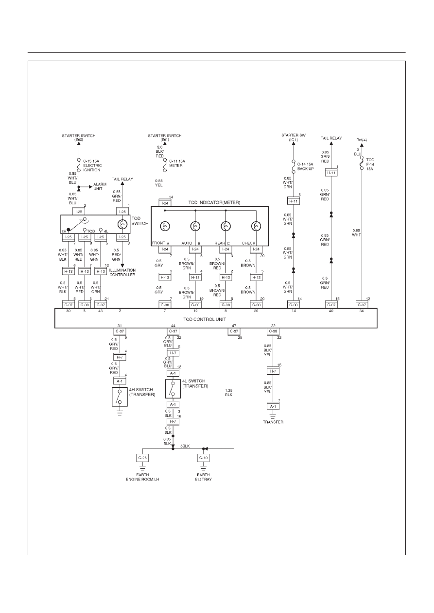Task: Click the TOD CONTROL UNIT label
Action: click(205, 319)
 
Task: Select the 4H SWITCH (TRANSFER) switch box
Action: click(120, 397)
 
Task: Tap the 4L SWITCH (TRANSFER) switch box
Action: click(173, 389)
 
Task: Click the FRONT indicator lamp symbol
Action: click(165, 226)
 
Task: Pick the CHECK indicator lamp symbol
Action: click(256, 226)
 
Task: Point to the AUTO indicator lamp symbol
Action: click(195, 226)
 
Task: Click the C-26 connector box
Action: click(142, 458)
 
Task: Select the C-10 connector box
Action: click(203, 458)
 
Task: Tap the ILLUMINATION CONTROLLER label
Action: click(122, 272)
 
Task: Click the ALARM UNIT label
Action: click(100, 187)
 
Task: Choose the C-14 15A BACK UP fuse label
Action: click(306, 166)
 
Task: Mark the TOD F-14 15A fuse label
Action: click(370, 164)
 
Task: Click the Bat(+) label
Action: click(362, 140)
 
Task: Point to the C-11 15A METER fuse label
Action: click(177, 163)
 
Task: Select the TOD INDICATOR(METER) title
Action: click(214, 202)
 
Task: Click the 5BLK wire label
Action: click(185, 446)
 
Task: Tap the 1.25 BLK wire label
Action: click(229, 393)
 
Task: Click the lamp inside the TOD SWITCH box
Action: click(122, 224)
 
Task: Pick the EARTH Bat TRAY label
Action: click(203, 477)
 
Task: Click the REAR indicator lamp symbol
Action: click(226, 226)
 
